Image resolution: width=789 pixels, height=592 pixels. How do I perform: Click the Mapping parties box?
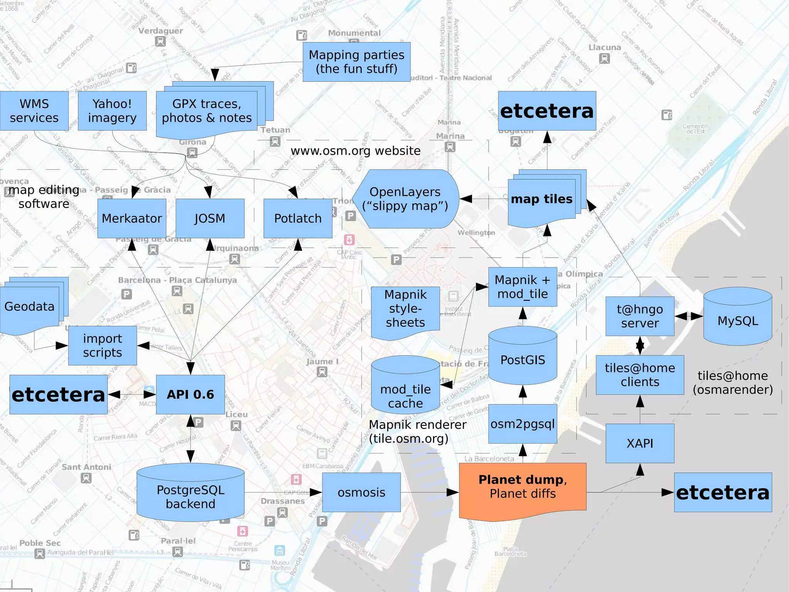click(356, 62)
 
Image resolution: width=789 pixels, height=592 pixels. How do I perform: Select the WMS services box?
click(34, 111)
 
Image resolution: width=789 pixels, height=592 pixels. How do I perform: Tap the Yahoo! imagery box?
click(112, 111)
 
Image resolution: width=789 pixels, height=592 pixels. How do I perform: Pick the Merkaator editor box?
click(132, 218)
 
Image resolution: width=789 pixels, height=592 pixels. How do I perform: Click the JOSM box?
click(210, 218)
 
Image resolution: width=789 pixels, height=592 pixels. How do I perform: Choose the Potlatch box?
click(298, 218)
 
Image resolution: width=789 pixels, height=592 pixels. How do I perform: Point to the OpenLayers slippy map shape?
click(405, 199)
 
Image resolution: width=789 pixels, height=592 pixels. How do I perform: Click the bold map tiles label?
click(542, 199)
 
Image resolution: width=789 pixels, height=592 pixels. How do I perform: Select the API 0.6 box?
click(190, 395)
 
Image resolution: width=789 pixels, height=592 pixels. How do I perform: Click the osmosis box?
click(361, 492)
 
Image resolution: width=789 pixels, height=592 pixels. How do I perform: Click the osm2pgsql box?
click(523, 424)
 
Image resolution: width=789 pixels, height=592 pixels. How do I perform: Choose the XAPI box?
click(640, 444)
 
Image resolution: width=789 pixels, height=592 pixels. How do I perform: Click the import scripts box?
click(102, 346)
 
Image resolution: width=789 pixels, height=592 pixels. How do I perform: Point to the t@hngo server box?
click(640, 316)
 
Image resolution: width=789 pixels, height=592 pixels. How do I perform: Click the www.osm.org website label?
click(356, 151)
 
